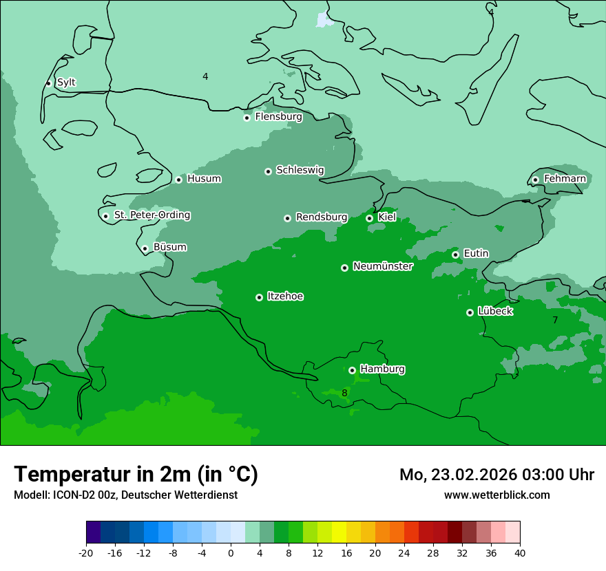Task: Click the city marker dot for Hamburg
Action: coord(352,370)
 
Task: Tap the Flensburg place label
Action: coord(278,117)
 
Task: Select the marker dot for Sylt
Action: coord(48,83)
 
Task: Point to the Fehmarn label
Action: coord(565,179)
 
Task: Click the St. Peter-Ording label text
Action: coord(151,215)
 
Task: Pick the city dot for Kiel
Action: coord(369,218)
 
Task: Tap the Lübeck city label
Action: coord(494,312)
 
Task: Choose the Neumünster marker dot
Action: coord(344,268)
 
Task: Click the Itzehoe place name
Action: coord(285,297)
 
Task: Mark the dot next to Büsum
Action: coord(145,248)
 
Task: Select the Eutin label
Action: coord(476,254)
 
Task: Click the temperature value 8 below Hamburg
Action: coord(344,394)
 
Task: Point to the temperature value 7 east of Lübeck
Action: coord(555,320)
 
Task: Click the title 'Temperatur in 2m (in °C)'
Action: coord(136,474)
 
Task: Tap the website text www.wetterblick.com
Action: coord(497,495)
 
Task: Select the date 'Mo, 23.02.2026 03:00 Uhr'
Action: coord(497,475)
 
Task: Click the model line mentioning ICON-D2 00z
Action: coord(125,495)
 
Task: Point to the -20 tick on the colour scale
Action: coord(86,553)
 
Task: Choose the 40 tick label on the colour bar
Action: coord(520,553)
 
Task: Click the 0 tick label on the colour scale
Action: coord(231,553)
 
